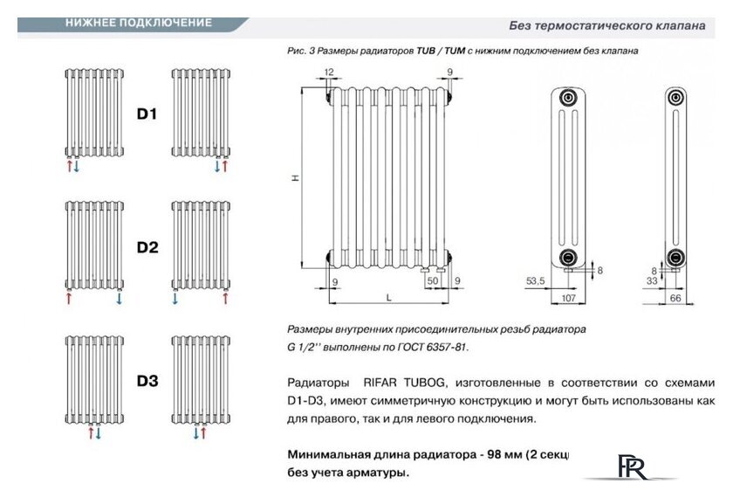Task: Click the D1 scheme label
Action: [x=147, y=114]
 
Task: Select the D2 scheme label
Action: [x=147, y=247]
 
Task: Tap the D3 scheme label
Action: [x=147, y=381]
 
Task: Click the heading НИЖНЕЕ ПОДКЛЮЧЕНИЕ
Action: [x=138, y=24]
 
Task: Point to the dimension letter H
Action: [x=296, y=178]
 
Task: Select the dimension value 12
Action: [x=329, y=71]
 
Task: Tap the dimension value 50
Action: [x=431, y=280]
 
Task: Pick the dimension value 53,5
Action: [x=535, y=280]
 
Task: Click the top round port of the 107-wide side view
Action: [x=569, y=98]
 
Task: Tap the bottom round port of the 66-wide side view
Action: [x=674, y=257]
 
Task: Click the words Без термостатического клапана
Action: [x=607, y=25]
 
